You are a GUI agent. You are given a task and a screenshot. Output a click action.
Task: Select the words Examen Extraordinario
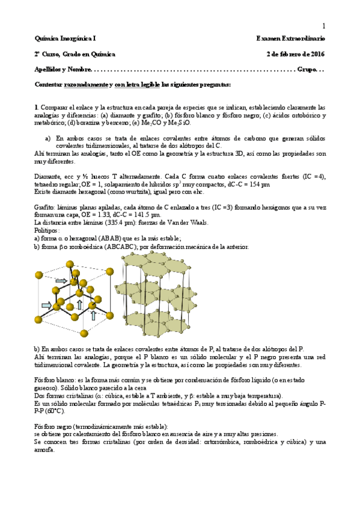click(x=290, y=38)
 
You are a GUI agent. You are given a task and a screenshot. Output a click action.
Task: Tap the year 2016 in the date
click(x=316, y=54)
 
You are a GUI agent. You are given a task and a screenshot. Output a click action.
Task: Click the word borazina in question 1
click(x=93, y=123)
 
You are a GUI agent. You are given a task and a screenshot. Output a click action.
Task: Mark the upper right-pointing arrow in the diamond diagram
click(x=61, y=280)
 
